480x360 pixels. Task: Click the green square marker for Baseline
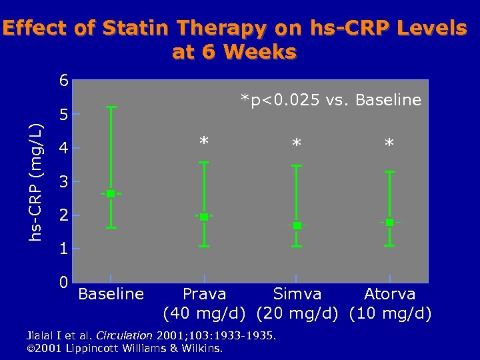click(x=111, y=193)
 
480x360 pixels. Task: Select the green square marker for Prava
click(x=204, y=217)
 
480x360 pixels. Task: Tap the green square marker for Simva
click(x=297, y=225)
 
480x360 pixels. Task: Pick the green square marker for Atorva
click(x=390, y=222)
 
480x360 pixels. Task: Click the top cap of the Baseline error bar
click(x=111, y=107)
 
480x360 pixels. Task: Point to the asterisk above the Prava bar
click(x=204, y=141)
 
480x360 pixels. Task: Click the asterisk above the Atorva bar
click(x=390, y=144)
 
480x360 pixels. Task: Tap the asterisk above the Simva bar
click(x=297, y=144)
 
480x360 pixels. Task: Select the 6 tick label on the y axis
click(x=63, y=81)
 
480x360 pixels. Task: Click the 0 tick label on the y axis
click(x=63, y=283)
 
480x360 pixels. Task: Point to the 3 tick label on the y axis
click(x=63, y=182)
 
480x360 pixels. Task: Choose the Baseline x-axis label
click(x=111, y=293)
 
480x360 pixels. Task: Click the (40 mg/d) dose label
click(x=204, y=313)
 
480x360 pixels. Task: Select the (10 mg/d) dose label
click(x=390, y=313)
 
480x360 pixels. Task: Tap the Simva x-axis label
click(x=297, y=293)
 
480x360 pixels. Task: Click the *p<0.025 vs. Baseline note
click(x=331, y=100)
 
